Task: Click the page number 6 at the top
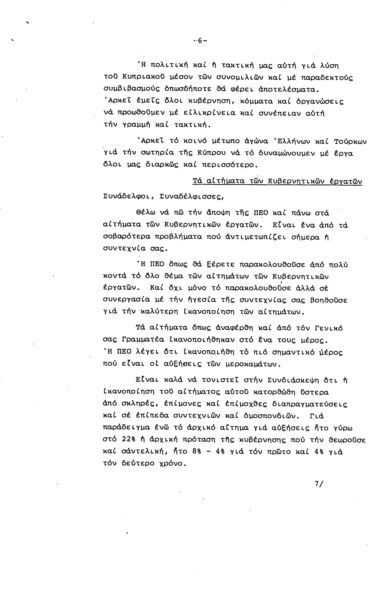click(x=200, y=41)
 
